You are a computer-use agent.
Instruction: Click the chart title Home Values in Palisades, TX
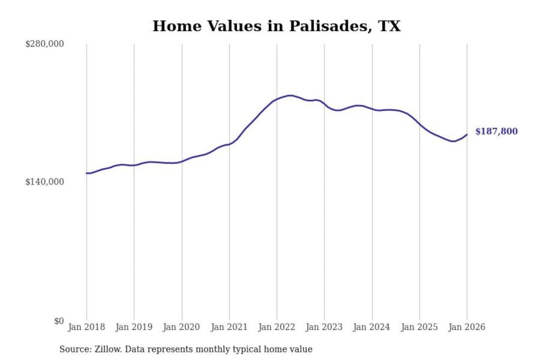point(276,26)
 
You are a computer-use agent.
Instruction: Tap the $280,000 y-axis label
point(45,44)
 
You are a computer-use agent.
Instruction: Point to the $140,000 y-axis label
point(45,182)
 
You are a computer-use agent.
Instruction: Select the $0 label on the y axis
point(59,321)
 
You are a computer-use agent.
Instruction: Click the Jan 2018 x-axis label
point(86,327)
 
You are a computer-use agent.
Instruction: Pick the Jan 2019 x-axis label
point(134,327)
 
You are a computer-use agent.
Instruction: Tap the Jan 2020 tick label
point(181,327)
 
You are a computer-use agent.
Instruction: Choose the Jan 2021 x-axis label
point(229,327)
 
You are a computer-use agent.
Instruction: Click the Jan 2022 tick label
point(277,327)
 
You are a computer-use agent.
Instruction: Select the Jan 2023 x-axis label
point(324,327)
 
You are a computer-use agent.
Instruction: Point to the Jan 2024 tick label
point(372,327)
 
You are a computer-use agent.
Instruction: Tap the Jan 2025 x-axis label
point(419,327)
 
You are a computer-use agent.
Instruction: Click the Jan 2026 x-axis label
point(467,327)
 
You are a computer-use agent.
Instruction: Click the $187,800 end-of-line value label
point(496,131)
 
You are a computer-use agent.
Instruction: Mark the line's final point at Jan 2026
point(467,134)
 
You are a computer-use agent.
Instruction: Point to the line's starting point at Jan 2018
point(87,173)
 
